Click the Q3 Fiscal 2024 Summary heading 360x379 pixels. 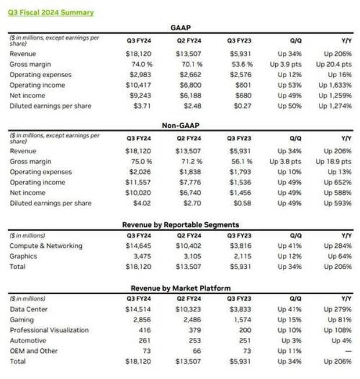point(51,13)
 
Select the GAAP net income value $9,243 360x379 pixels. point(141,95)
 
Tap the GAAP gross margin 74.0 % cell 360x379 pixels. point(142,64)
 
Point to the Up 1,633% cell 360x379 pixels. point(335,85)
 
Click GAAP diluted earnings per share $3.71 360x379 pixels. point(142,106)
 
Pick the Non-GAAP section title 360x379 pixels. point(181,125)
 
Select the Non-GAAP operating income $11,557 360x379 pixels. point(138,182)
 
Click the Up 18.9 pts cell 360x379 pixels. point(334,161)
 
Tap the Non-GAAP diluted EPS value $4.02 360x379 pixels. point(142,203)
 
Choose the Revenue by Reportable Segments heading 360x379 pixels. point(181,225)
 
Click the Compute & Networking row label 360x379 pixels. point(46,246)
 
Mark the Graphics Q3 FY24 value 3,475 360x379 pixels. point(142,256)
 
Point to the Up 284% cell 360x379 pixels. point(338,246)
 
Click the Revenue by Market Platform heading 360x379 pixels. point(181,288)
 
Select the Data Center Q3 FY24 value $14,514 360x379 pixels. point(138,309)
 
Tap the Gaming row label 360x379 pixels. point(21,320)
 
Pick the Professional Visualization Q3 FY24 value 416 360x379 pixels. point(145,330)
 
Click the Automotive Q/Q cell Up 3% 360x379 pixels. point(291,341)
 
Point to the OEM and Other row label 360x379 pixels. point(34,351)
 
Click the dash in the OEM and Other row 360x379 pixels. point(348,351)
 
